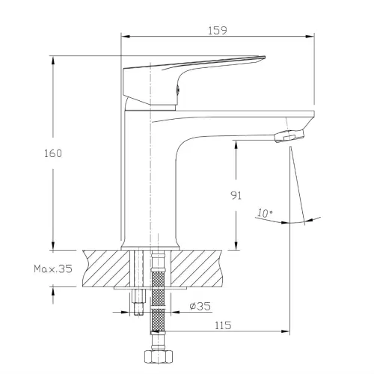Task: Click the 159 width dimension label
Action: point(218,31)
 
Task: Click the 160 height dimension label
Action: point(53,153)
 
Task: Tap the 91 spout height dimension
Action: point(236,195)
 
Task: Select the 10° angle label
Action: point(265,213)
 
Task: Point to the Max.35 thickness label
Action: point(53,269)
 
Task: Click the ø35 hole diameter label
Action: point(200,306)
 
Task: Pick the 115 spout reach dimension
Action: point(223,325)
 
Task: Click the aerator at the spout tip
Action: point(289,136)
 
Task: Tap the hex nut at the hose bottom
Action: point(159,357)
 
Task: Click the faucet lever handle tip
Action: point(264,58)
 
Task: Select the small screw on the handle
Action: point(178,90)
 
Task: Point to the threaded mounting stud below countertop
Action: point(138,302)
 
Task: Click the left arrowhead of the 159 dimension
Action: point(126,37)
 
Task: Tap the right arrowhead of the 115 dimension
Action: point(285,331)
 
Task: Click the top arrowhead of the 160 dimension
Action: point(53,61)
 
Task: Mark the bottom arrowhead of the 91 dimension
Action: point(236,245)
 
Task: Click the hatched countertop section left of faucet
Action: point(106,269)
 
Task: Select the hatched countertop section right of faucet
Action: point(197,269)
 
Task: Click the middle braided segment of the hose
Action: point(158,297)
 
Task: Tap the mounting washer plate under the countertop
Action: point(150,288)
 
